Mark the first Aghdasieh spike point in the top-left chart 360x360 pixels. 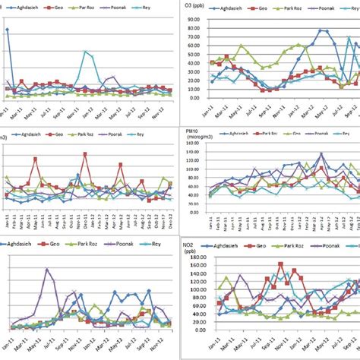(x=7, y=30)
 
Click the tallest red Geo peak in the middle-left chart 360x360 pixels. (x=85, y=154)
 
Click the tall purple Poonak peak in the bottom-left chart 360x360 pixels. (x=47, y=269)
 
